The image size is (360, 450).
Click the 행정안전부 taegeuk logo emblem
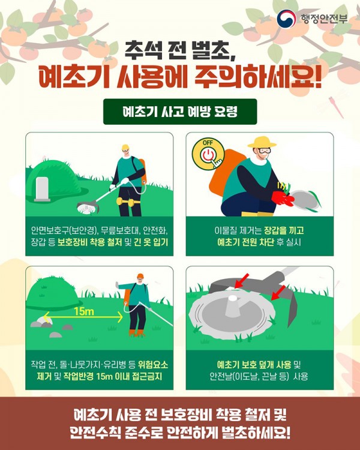point(286,19)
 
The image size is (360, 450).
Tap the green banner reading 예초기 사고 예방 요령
point(180,112)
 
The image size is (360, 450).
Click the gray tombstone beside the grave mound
point(42,189)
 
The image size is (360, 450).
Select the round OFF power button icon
point(208,154)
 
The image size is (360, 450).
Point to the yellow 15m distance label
point(83,311)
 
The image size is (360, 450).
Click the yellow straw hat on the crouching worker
point(262,142)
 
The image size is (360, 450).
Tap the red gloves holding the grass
point(282,198)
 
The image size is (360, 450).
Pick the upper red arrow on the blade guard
point(241,280)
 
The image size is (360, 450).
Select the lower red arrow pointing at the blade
point(278,293)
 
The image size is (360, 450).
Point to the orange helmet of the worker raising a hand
point(140,276)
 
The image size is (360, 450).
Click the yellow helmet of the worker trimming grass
point(125,147)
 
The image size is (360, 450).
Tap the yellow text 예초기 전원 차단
point(246,242)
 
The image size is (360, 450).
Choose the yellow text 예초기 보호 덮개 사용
point(254,365)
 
